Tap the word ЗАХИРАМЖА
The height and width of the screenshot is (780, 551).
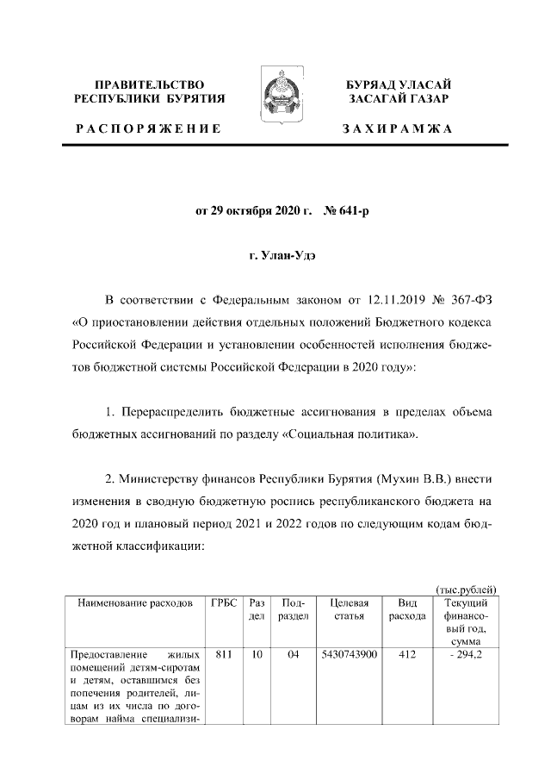click(398, 129)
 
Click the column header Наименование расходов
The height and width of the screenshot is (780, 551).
click(135, 603)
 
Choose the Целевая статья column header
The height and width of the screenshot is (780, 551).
click(349, 609)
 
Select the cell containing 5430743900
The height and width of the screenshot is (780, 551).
click(349, 654)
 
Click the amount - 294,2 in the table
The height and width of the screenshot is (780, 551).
click(467, 654)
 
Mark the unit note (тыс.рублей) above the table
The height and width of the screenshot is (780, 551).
click(467, 589)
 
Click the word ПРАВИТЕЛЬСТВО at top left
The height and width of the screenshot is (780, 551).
click(150, 84)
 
